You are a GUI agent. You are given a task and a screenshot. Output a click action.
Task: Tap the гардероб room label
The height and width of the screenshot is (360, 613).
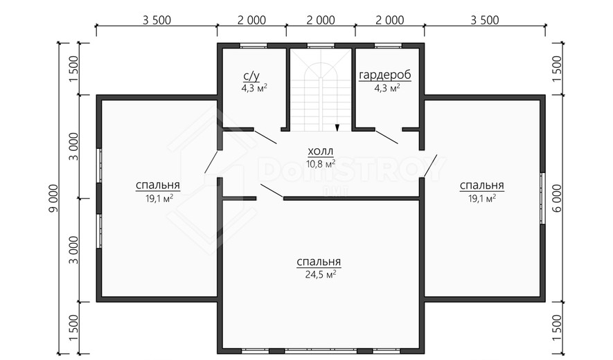click(385, 75)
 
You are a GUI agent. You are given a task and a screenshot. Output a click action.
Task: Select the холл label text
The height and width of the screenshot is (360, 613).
click(321, 152)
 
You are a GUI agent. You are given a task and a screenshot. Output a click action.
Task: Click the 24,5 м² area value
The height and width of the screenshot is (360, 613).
click(321, 275)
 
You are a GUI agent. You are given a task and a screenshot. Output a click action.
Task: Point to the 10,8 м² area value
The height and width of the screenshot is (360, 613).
click(321, 164)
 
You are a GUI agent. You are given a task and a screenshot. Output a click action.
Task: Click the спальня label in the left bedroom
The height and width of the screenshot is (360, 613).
click(158, 185)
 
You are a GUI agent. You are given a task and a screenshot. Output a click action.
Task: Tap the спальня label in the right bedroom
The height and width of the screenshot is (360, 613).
click(481, 186)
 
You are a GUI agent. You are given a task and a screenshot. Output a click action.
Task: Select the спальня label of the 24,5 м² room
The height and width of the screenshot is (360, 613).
click(319, 262)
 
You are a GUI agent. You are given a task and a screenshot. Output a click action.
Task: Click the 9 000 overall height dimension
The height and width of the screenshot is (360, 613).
click(53, 198)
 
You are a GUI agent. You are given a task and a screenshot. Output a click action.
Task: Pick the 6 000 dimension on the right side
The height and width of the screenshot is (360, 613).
click(557, 198)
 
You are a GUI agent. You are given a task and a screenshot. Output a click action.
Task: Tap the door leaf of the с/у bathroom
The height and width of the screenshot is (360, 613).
click(265, 136)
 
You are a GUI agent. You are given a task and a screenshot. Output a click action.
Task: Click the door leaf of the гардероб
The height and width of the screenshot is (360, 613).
click(387, 136)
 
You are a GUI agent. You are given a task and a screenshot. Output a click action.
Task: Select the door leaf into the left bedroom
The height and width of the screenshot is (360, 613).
click(211, 162)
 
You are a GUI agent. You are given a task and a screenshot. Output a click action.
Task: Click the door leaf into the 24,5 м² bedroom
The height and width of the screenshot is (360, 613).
click(272, 191)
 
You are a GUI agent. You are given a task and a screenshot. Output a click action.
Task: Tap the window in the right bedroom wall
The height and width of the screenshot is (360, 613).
click(542, 198)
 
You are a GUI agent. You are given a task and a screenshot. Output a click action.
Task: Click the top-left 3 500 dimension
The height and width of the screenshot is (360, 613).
click(157, 20)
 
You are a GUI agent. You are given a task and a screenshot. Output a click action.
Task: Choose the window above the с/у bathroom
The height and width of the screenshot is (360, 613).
click(254, 45)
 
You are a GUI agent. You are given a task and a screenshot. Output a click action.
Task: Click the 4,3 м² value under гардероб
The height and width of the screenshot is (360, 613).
click(387, 88)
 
